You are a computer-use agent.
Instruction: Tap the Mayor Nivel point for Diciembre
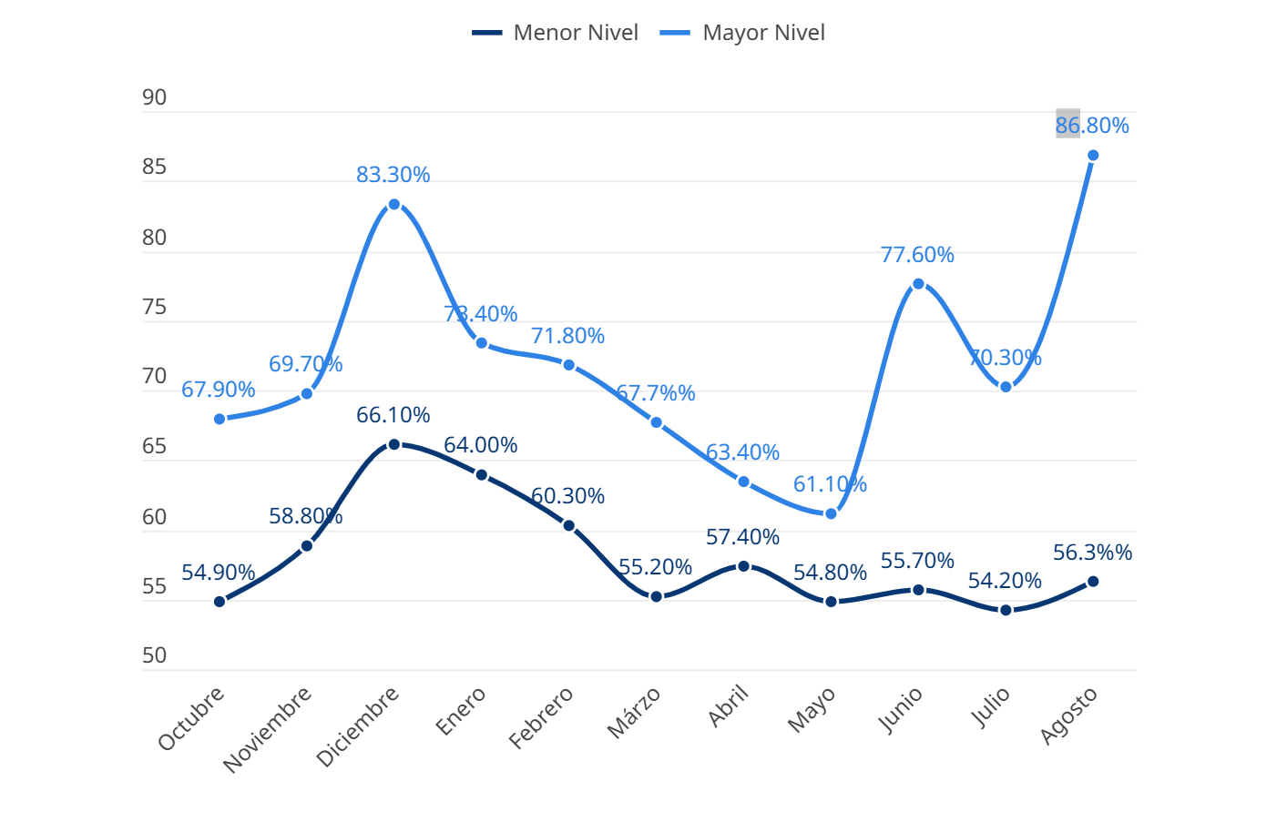click(x=394, y=205)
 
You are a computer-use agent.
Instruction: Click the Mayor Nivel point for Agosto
click(x=1093, y=156)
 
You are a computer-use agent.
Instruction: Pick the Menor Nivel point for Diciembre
click(x=394, y=444)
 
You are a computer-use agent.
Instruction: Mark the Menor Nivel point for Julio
click(x=1006, y=610)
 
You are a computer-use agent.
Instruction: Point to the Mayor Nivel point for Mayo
click(x=831, y=514)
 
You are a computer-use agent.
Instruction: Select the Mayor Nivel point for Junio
click(x=918, y=284)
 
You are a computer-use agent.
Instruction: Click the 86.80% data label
click(x=1092, y=126)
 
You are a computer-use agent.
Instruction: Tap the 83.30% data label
click(x=393, y=175)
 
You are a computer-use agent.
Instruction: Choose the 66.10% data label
click(x=393, y=415)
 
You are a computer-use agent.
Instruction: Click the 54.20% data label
click(x=1005, y=581)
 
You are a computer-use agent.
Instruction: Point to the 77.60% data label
click(x=917, y=255)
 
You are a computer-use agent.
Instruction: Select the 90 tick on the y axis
click(x=155, y=97)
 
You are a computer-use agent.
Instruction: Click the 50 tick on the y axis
click(x=155, y=655)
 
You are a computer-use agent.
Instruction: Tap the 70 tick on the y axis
click(x=155, y=376)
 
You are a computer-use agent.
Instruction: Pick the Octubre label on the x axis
click(x=191, y=718)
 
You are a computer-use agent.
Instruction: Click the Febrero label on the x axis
click(x=541, y=717)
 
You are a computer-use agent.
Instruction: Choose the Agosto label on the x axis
click(x=1068, y=715)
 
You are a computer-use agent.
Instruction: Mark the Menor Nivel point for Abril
click(x=743, y=566)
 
